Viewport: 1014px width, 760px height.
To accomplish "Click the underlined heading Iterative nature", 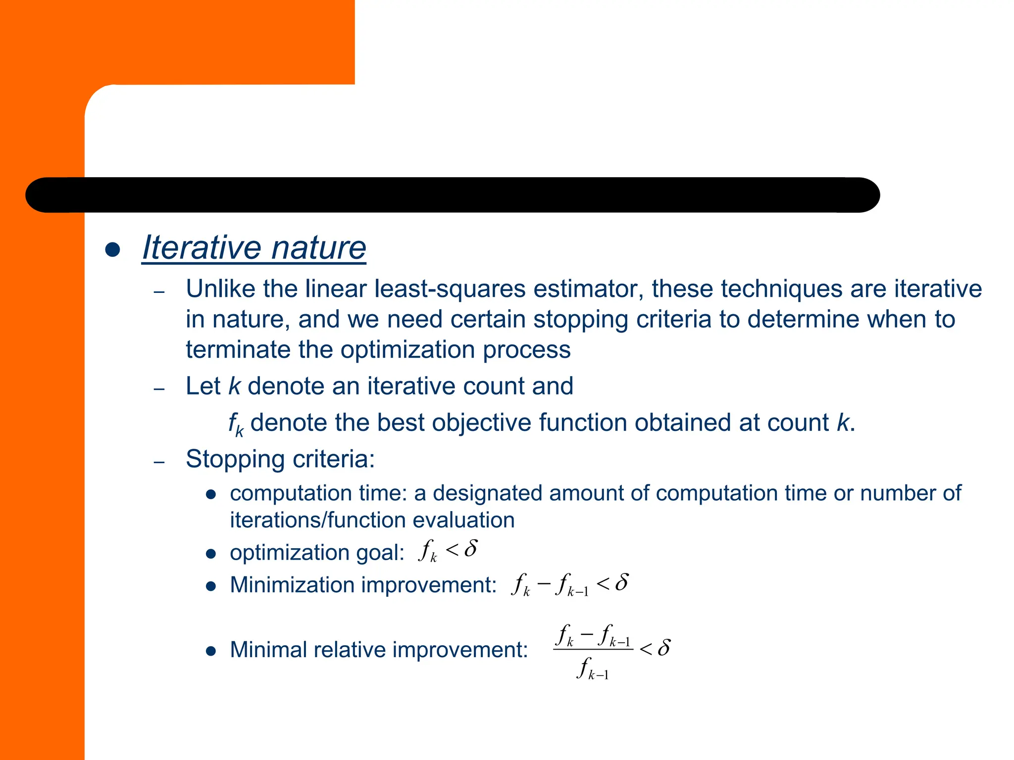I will (254, 247).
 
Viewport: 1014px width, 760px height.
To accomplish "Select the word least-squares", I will (450, 289).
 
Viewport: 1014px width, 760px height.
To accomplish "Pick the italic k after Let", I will (234, 386).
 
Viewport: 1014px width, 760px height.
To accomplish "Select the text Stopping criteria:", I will (280, 459).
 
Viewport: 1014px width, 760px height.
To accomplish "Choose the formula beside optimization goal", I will (448, 550).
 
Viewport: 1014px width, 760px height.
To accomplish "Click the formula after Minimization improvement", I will (570, 584).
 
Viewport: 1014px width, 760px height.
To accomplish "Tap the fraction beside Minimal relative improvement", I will (611, 651).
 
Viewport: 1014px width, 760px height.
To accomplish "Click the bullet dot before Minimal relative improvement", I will (211, 651).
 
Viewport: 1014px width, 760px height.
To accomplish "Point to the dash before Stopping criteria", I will (159, 462).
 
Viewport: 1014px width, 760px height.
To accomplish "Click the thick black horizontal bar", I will (452, 195).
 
